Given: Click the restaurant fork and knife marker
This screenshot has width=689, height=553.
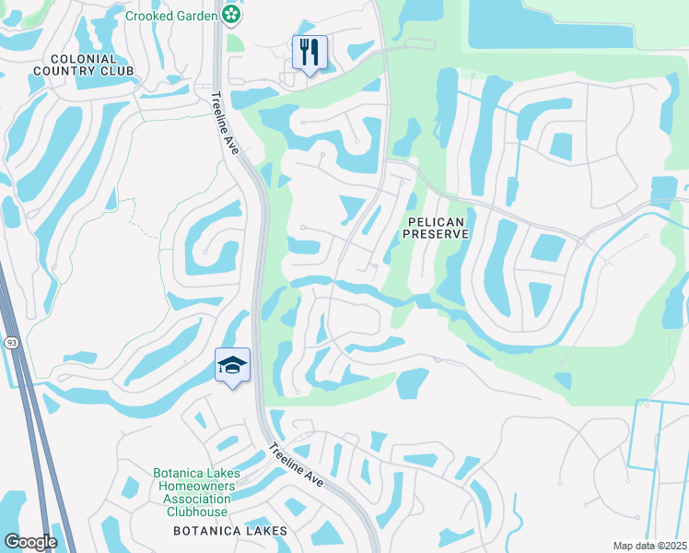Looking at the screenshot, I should click(x=309, y=52).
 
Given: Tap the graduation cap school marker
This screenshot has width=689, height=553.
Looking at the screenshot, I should click(x=233, y=366).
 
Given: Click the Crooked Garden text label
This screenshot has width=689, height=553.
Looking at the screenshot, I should click(x=171, y=16).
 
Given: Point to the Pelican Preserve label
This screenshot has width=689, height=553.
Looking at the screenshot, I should click(x=437, y=228).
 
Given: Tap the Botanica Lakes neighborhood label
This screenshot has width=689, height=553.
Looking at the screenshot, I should click(x=230, y=531).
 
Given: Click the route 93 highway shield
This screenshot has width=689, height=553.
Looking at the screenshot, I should click(x=11, y=343).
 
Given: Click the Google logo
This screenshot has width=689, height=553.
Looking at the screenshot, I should click(x=29, y=542).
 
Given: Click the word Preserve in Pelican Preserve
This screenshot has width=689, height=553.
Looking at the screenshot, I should click(x=437, y=235).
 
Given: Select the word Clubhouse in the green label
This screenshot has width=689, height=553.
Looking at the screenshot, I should click(x=195, y=512).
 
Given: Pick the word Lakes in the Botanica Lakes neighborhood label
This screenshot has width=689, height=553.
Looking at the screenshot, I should click(x=266, y=531).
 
